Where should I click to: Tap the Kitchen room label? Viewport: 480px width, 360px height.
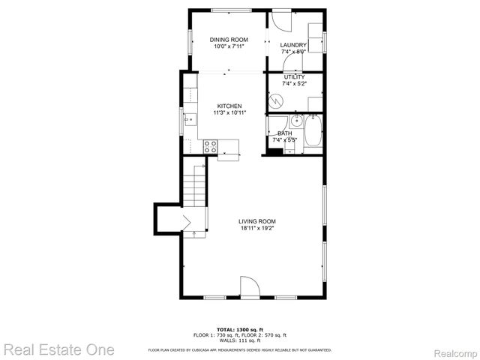pos(229,106)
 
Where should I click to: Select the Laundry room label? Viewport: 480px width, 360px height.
pos(293,46)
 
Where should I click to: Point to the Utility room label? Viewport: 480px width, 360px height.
pos(293,76)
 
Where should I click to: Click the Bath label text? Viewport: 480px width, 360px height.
pos(285,133)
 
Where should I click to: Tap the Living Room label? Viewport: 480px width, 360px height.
pos(257,221)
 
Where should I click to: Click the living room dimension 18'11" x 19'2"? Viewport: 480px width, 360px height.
pos(257,229)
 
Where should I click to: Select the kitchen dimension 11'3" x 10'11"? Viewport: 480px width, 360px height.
pos(229,113)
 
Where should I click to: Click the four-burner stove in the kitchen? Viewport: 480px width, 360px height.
pos(210,146)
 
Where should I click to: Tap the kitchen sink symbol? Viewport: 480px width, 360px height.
pos(190,118)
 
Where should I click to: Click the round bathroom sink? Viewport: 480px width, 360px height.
pos(297,120)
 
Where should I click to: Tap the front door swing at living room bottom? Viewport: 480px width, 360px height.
pos(249,288)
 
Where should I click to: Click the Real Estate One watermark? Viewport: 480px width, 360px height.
pos(58,349)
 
